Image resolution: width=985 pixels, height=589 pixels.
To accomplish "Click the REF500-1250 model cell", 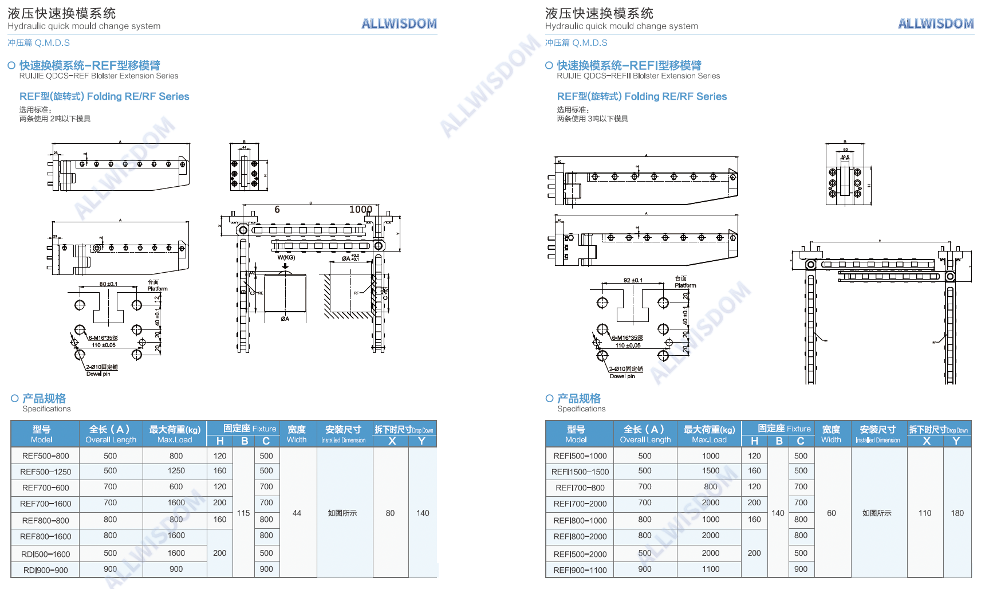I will (x=46, y=472).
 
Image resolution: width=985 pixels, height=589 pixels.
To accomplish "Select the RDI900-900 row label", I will (x=46, y=570).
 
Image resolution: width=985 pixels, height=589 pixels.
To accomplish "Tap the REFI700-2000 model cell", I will (x=580, y=504).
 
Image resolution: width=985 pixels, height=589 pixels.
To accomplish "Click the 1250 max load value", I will (x=176, y=471).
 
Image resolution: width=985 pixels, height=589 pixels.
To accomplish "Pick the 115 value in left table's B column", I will (x=243, y=513).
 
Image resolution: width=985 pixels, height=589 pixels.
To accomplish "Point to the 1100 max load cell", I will (x=711, y=570).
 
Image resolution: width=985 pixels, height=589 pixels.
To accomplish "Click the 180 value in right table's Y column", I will (x=957, y=513).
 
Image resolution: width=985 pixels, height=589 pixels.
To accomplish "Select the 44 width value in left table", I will (x=297, y=513).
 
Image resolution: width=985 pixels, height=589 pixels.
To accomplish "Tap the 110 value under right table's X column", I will (x=925, y=513).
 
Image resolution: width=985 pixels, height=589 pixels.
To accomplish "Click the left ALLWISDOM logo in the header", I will (x=399, y=23).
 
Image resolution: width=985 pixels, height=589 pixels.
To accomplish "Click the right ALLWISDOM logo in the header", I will (x=936, y=23).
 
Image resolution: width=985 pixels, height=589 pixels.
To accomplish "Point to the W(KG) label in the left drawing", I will (x=286, y=258).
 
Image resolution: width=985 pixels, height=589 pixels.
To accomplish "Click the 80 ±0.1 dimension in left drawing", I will (x=108, y=284).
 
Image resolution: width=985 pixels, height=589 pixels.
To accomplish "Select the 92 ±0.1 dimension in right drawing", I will (x=633, y=281).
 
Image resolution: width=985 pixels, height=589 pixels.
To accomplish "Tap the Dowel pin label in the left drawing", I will (x=98, y=374).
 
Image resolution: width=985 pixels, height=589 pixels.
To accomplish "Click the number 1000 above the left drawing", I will (x=361, y=210).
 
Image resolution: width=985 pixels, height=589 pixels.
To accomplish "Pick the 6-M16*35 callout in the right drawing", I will (x=627, y=338).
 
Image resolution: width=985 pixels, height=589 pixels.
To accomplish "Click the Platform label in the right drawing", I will (x=685, y=285).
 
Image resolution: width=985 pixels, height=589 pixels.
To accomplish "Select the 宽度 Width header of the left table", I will (x=297, y=434).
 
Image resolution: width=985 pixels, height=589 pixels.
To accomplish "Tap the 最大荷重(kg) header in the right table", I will (x=709, y=434).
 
